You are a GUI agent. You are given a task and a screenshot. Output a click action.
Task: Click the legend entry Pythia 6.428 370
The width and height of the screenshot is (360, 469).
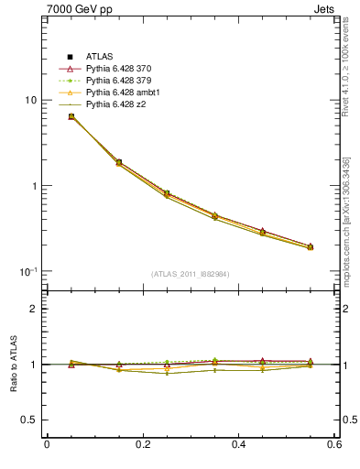click(x=116, y=69)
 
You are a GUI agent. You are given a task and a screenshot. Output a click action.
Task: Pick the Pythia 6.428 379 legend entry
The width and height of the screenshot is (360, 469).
click(x=116, y=81)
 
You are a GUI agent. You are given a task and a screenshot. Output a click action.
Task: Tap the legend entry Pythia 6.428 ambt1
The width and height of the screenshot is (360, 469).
click(x=119, y=93)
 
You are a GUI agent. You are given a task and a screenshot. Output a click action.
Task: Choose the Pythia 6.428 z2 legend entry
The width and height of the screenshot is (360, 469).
click(x=114, y=104)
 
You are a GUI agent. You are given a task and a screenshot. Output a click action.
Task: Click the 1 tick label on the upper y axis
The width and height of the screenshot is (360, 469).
click(x=36, y=186)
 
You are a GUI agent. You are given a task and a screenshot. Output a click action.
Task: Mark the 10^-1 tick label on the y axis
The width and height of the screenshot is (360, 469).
click(x=30, y=271)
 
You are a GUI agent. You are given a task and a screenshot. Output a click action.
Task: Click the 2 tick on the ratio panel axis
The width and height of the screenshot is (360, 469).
click(x=36, y=309)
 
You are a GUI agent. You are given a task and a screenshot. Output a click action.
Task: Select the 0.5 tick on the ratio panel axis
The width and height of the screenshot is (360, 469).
click(x=31, y=420)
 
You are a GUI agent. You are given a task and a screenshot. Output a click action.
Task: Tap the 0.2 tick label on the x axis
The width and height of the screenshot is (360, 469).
click(x=143, y=445)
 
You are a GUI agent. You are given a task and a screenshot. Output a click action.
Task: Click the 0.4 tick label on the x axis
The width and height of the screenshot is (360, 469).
click(x=239, y=445)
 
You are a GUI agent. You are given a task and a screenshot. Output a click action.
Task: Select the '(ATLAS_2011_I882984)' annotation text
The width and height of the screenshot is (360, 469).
click(x=191, y=274)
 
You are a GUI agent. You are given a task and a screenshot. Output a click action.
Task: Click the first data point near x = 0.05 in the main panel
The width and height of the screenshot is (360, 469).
click(x=71, y=116)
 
